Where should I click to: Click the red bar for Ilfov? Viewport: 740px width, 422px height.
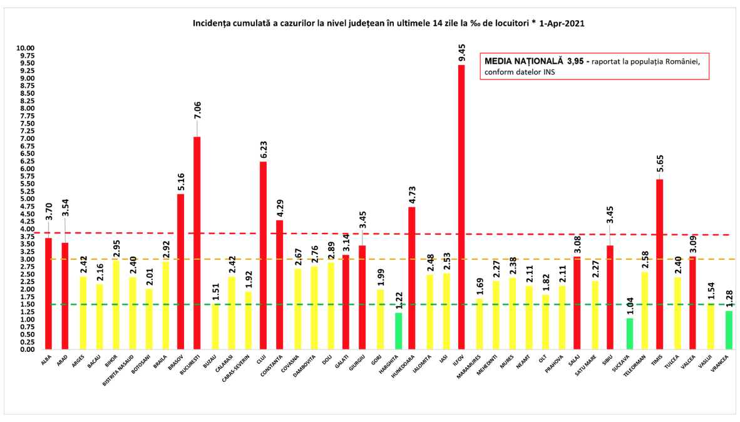(x=461, y=207)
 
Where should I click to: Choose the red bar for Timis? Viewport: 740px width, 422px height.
(x=659, y=264)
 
